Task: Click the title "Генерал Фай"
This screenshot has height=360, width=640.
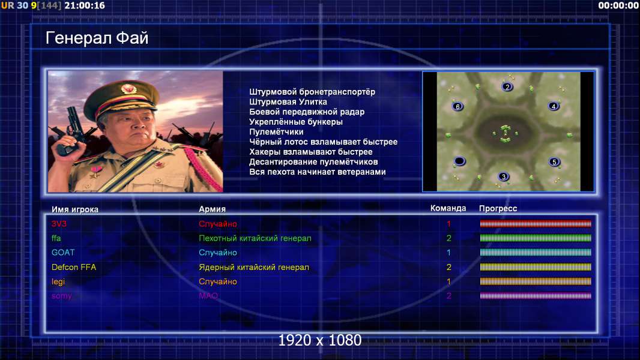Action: coord(97,38)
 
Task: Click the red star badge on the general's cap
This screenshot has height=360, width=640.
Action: coord(128,88)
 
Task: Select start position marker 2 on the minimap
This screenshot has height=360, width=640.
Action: coord(507,87)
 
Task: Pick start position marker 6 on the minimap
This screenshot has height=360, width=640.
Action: coord(457,106)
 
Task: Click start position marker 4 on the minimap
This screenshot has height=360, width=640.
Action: coord(554,106)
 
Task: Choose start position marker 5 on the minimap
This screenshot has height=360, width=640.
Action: coord(554,162)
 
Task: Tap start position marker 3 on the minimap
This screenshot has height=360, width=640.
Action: coord(504,176)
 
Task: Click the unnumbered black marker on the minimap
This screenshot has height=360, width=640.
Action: coord(459,161)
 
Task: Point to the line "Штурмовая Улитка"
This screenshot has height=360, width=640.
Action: coord(288,102)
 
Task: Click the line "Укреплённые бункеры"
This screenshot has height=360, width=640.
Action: coord(296,122)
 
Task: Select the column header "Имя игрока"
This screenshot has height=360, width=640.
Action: coord(74,209)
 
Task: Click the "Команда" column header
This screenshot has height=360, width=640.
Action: coord(448,208)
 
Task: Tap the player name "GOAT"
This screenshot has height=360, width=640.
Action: coord(63,253)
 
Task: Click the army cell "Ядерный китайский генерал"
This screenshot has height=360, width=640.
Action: coord(254,267)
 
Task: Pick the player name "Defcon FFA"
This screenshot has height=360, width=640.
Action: coord(74,267)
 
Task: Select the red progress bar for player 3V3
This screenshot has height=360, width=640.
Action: coord(536,223)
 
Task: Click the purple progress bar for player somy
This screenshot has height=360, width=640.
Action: coord(536,296)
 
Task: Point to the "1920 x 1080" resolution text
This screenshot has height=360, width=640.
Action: coord(320,340)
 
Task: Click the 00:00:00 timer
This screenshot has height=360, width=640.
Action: coord(618,5)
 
